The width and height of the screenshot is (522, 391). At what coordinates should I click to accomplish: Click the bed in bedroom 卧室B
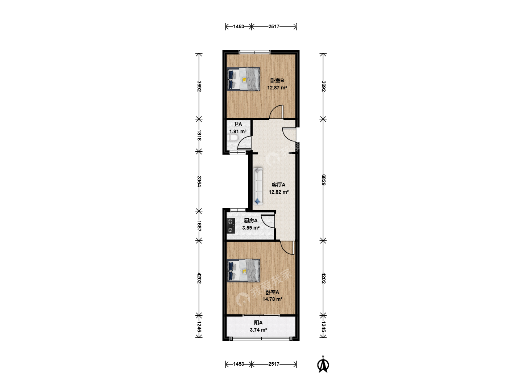point(243,79)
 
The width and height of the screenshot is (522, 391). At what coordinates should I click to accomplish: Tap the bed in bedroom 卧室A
point(243,270)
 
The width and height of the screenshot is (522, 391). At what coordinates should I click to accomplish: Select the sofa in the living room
point(258,186)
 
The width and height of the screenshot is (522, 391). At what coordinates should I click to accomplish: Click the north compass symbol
point(323,365)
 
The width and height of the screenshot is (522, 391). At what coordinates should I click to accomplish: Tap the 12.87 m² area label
point(277,88)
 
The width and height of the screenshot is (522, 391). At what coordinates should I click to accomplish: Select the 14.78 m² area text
point(272,299)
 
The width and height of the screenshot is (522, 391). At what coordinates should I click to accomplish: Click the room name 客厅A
point(278,185)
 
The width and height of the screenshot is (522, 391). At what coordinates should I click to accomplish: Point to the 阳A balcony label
point(258,323)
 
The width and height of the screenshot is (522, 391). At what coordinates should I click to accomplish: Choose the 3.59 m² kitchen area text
point(250,228)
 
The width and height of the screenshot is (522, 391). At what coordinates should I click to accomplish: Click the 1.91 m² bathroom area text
point(237,131)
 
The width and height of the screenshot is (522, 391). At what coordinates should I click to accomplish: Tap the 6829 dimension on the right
point(323,180)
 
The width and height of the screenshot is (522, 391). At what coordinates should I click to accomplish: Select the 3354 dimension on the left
point(199,181)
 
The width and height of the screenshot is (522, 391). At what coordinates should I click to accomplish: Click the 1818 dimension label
point(199,135)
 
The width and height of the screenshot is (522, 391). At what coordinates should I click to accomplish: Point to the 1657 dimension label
point(199,226)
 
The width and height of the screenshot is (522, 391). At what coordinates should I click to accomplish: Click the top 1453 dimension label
point(239,26)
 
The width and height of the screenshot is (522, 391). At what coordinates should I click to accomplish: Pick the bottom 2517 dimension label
point(274,364)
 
